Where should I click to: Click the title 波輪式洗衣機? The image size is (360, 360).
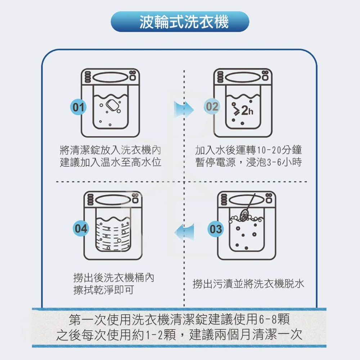pyautogui.click(x=180, y=22)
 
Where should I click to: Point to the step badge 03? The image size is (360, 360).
pyautogui.click(x=216, y=229)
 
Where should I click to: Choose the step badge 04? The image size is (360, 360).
pyautogui.click(x=81, y=229)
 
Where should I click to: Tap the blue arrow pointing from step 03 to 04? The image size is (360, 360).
pyautogui.click(x=184, y=232)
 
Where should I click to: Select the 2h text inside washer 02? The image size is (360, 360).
pyautogui.click(x=247, y=111)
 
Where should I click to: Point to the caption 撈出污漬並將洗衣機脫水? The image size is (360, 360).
pyautogui.click(x=248, y=284)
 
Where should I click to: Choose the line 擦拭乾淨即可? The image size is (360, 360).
pyautogui.click(x=103, y=290)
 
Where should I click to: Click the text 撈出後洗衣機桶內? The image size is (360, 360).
pyautogui.click(x=114, y=278)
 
